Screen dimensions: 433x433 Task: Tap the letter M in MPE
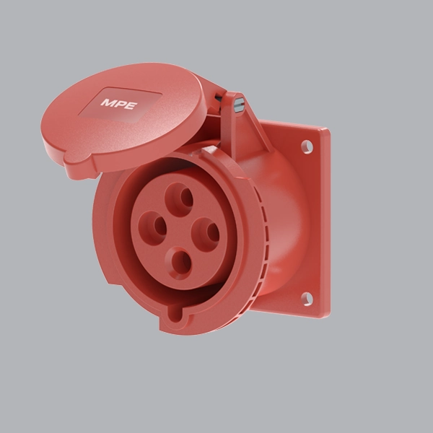click(x=107, y=104)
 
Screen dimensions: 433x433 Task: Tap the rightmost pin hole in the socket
click(x=209, y=232)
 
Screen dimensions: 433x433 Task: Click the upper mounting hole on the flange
click(x=307, y=147)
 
